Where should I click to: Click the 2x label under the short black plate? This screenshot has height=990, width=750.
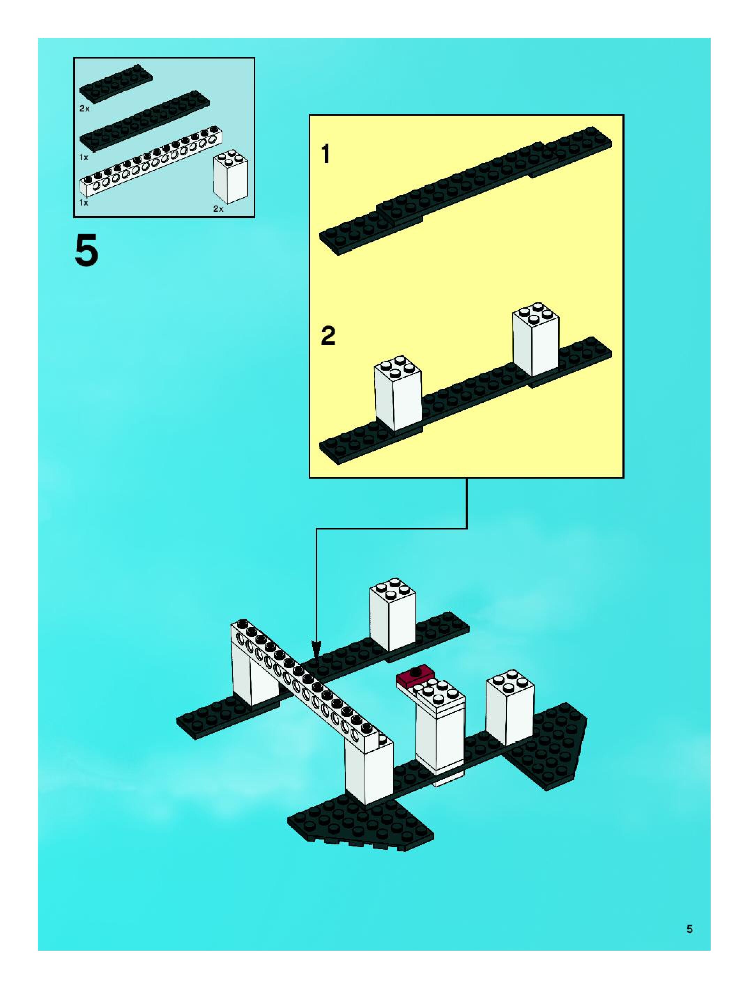coord(84,109)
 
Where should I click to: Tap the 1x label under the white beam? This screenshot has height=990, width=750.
coord(84,202)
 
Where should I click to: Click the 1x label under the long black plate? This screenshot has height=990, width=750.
coord(84,157)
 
